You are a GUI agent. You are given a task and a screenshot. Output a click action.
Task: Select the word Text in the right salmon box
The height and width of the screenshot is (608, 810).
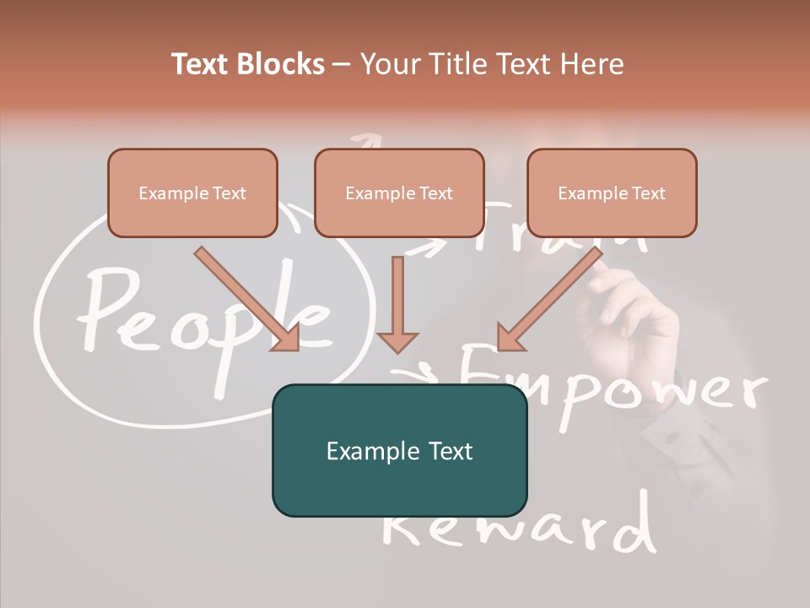click(x=647, y=193)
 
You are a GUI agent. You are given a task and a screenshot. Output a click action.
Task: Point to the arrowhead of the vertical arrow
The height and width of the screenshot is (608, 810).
click(x=397, y=341)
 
